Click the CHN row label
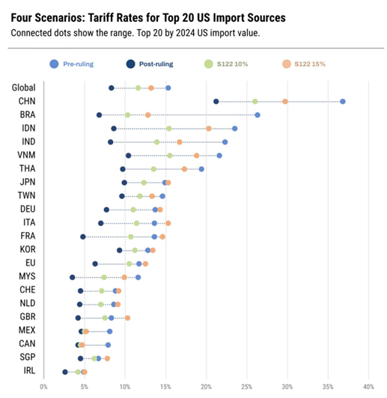[x=25, y=101]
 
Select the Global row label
[x=24, y=88]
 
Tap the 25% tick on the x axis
[x=246, y=387]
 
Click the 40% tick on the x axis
[x=368, y=387]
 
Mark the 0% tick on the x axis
[x=43, y=387]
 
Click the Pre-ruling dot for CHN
[x=342, y=101]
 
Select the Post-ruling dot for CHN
[x=216, y=101]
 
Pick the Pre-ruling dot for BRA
[x=258, y=114]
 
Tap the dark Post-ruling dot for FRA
[x=83, y=236]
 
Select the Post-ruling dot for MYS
[x=73, y=277]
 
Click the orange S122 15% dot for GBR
[x=127, y=318]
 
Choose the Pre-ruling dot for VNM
[x=219, y=155]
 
